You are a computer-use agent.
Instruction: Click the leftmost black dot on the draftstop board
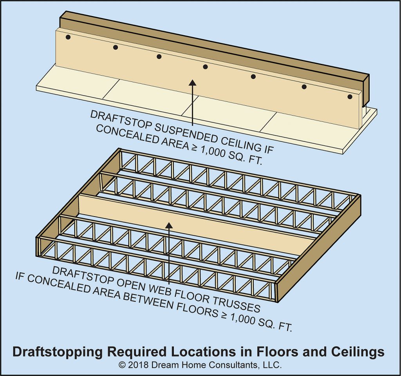click(68, 37)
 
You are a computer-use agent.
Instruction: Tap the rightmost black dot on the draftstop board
click(350, 97)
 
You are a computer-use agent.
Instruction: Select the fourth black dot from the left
click(205, 67)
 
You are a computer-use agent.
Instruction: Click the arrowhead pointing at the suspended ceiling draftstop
click(192, 82)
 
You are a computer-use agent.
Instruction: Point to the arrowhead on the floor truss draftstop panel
click(169, 225)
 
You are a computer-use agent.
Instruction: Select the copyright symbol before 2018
click(122, 365)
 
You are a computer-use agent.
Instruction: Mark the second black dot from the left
click(116, 47)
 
